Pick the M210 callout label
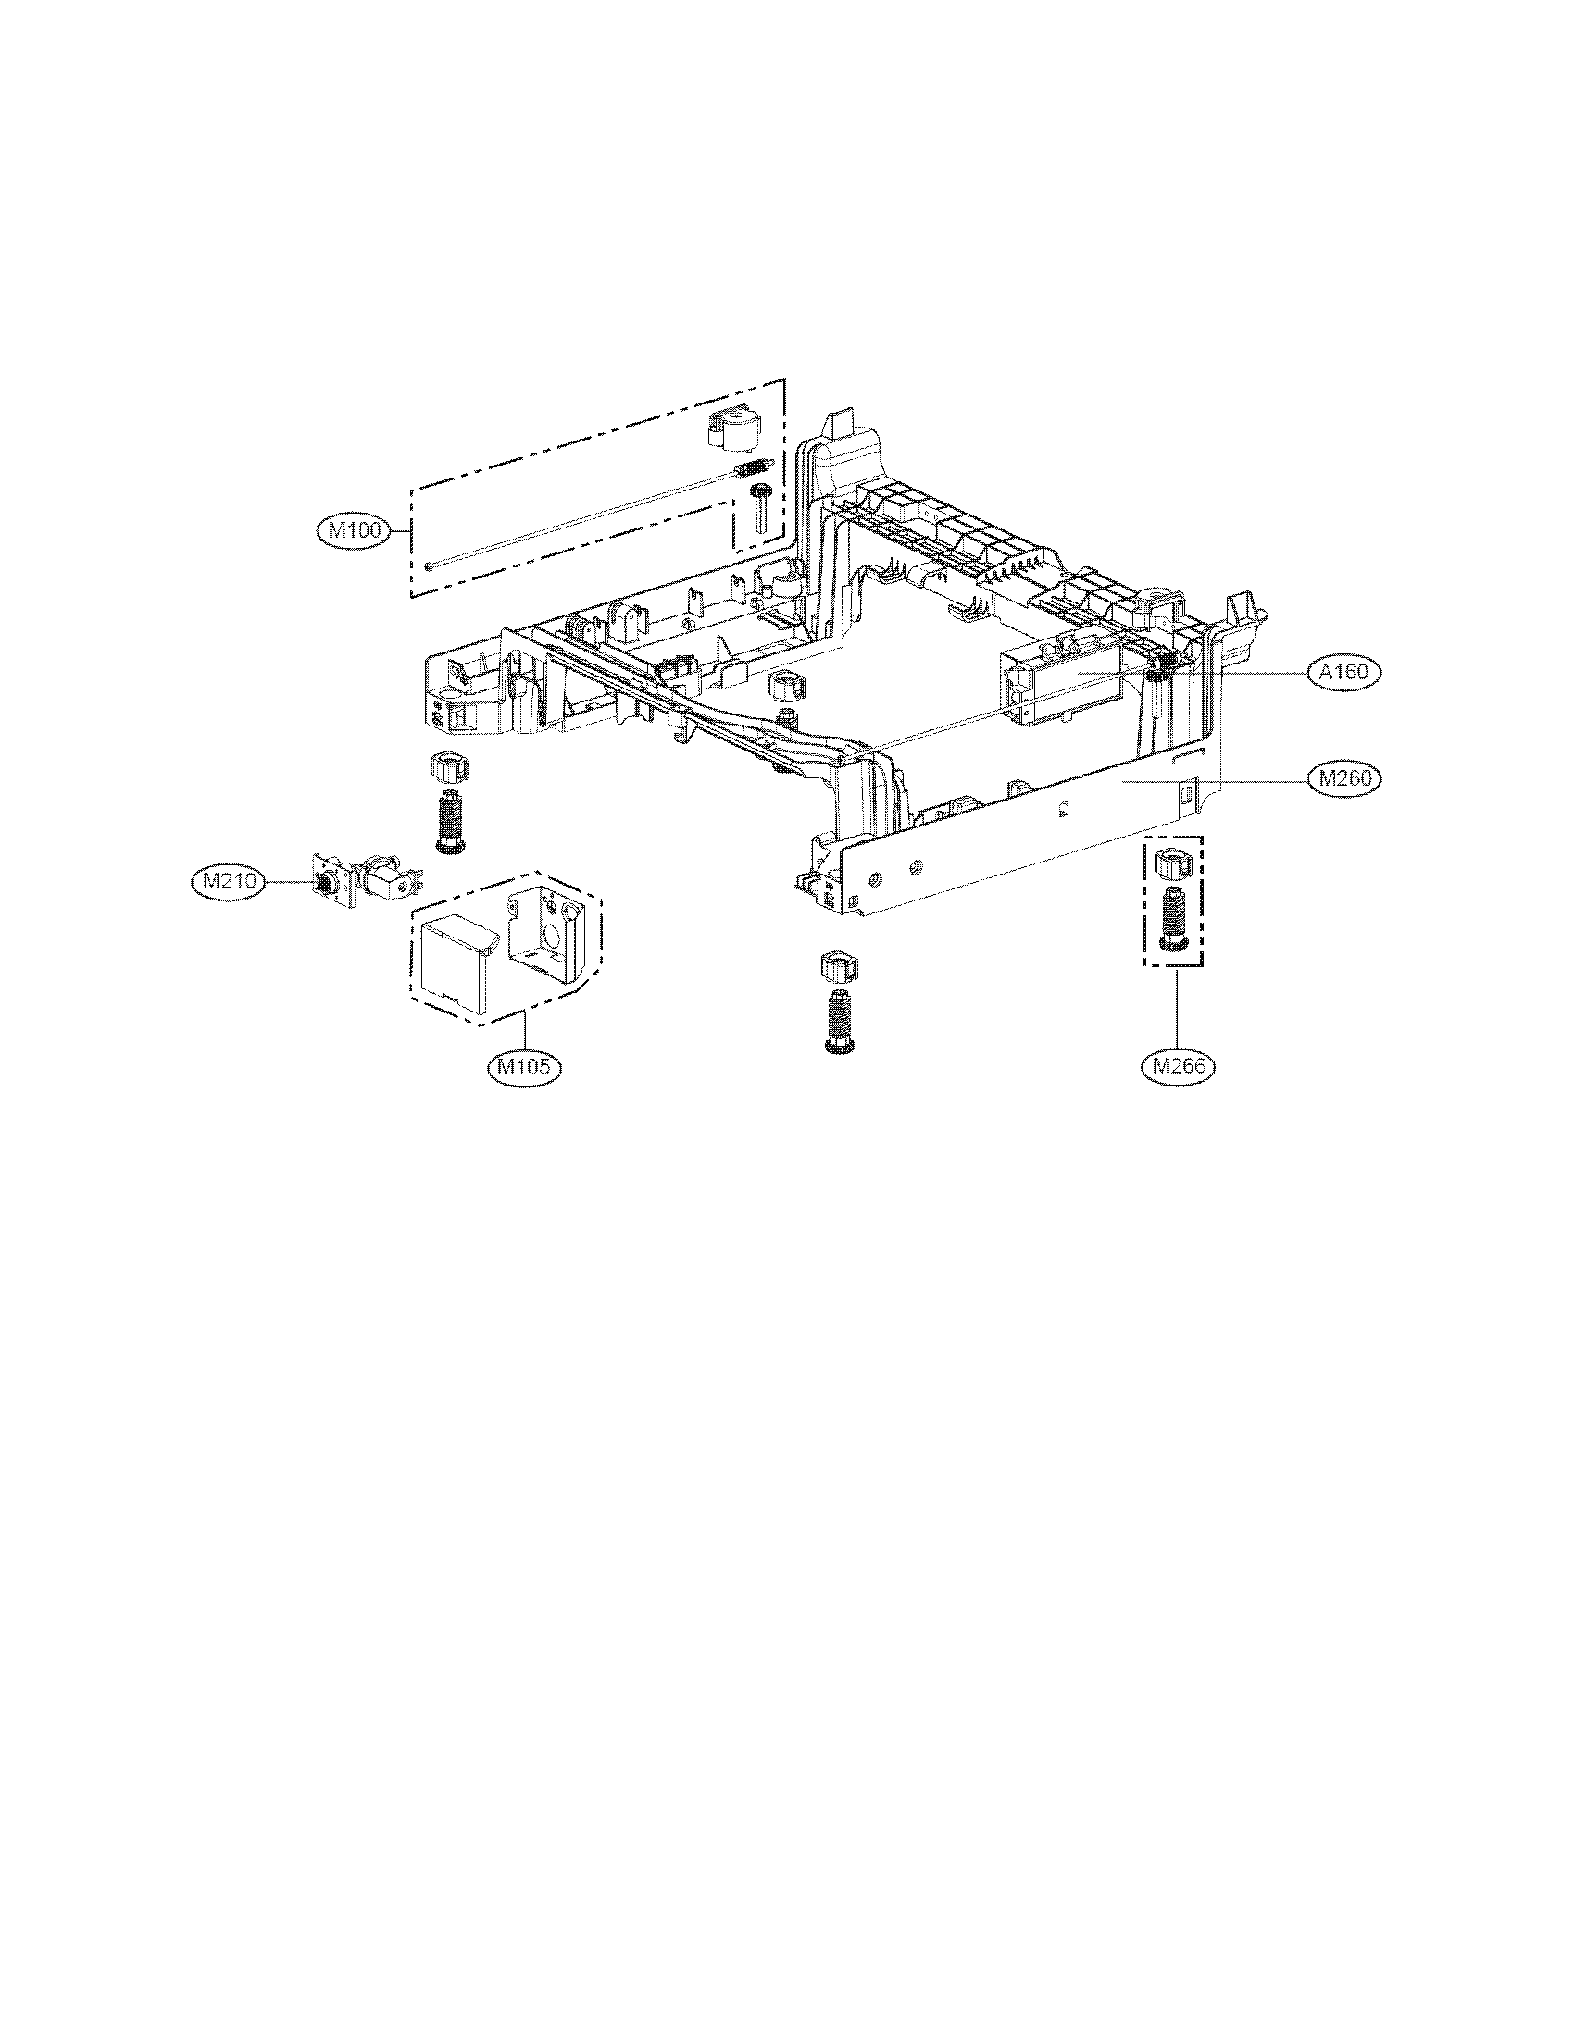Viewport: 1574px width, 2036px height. coord(229,881)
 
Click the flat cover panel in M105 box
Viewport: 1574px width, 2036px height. coord(451,961)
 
